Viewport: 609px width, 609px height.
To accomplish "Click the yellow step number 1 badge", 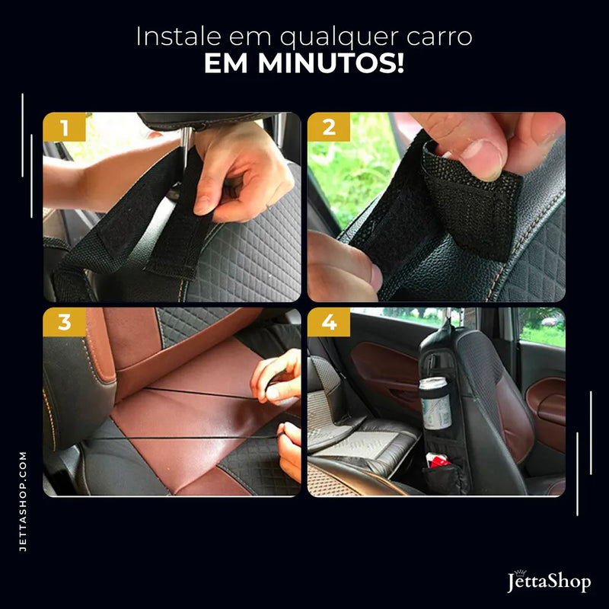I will tap(64, 127).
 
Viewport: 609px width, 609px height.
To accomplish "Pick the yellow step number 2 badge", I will tap(329, 127).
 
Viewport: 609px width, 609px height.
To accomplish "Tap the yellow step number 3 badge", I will tap(64, 322).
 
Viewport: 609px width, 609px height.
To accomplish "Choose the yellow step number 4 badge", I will tap(329, 322).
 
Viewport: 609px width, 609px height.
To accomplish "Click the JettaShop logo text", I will tap(549, 583).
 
